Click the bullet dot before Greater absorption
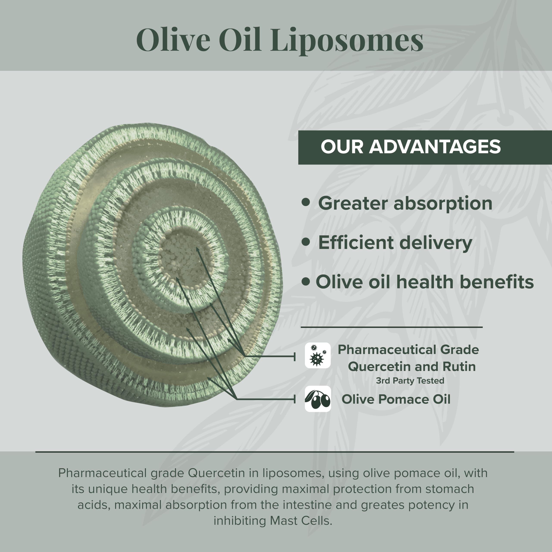[x=306, y=202]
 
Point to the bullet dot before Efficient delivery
[x=306, y=242]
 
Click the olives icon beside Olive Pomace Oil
[x=317, y=399]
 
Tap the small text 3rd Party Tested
[x=410, y=381]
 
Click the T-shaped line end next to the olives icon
[x=295, y=399]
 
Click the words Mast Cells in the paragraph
[x=301, y=521]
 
